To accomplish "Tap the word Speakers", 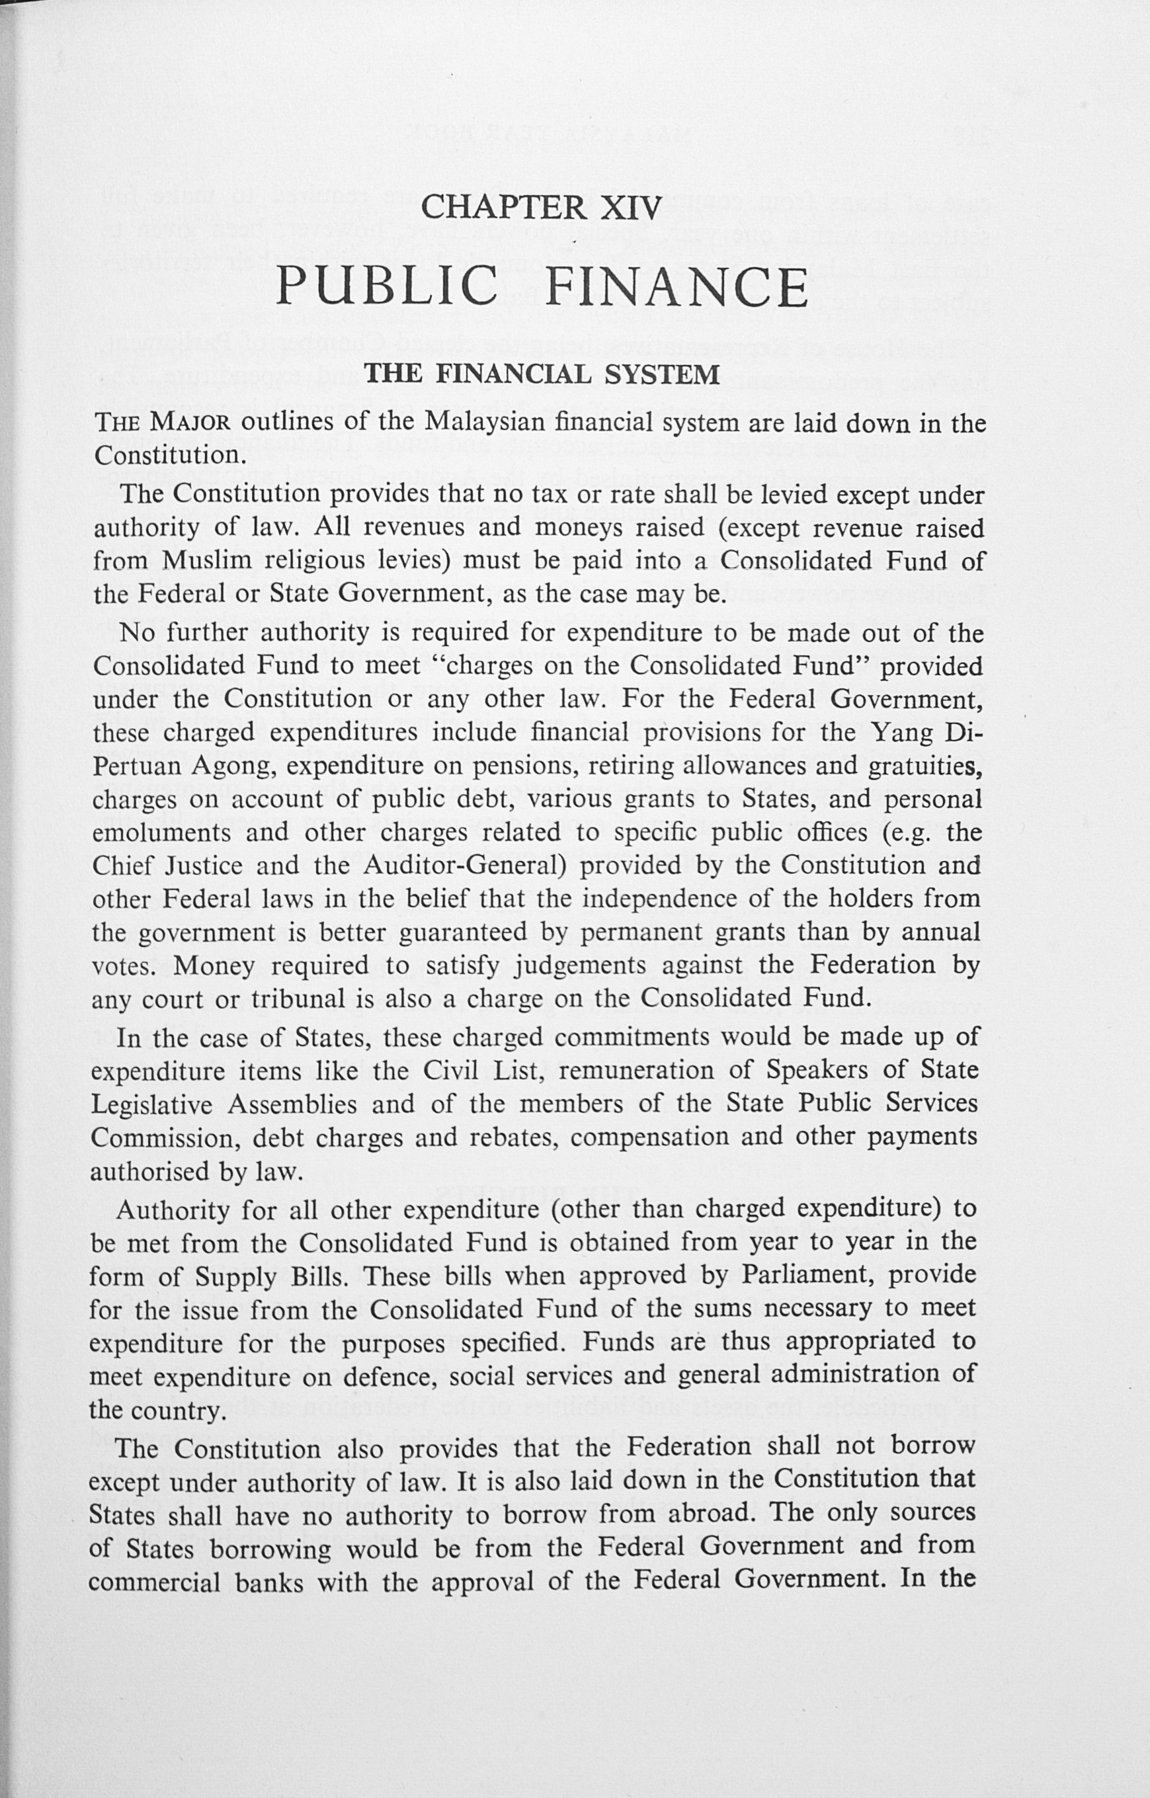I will coord(811,1071).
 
